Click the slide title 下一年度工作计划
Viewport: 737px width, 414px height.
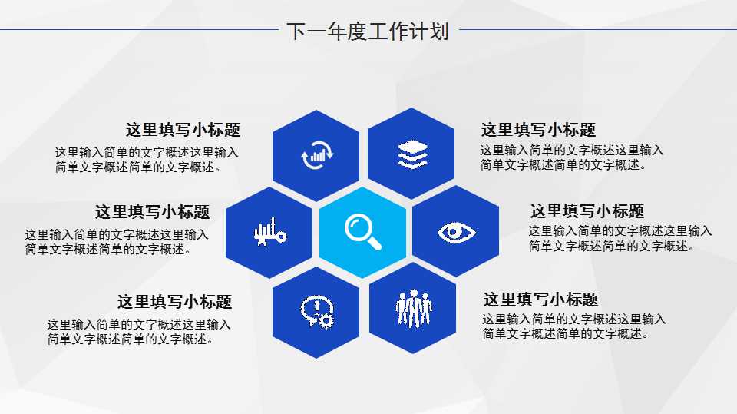pyautogui.click(x=368, y=31)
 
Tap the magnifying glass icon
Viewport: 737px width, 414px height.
pyautogui.click(x=363, y=230)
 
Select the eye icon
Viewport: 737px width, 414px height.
pyautogui.click(x=457, y=231)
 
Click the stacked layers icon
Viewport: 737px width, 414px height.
pyautogui.click(x=412, y=154)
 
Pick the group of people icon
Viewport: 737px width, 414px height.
pyautogui.click(x=414, y=308)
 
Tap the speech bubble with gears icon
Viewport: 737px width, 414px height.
pyautogui.click(x=316, y=310)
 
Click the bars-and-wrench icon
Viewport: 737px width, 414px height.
pyautogui.click(x=269, y=232)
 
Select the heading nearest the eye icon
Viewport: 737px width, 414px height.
pyautogui.click(x=587, y=211)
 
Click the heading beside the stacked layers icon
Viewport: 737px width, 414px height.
pyautogui.click(x=538, y=130)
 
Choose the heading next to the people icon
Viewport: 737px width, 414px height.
pyautogui.click(x=540, y=300)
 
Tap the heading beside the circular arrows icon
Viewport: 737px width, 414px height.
pyautogui.click(x=183, y=130)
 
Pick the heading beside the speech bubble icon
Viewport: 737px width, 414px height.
pyautogui.click(x=174, y=302)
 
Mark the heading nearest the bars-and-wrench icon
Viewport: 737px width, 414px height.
pyautogui.click(x=152, y=212)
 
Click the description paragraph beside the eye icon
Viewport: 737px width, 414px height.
pyautogui.click(x=620, y=238)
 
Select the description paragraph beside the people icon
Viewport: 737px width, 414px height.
pyautogui.click(x=573, y=326)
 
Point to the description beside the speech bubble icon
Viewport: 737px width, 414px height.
pyautogui.click(x=138, y=332)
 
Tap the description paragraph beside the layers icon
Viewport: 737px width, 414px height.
pyautogui.click(x=571, y=157)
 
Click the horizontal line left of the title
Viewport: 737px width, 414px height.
pyautogui.click(x=138, y=31)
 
